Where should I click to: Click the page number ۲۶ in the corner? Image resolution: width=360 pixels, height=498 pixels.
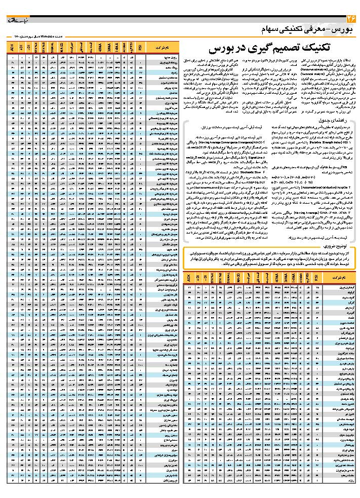349,19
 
